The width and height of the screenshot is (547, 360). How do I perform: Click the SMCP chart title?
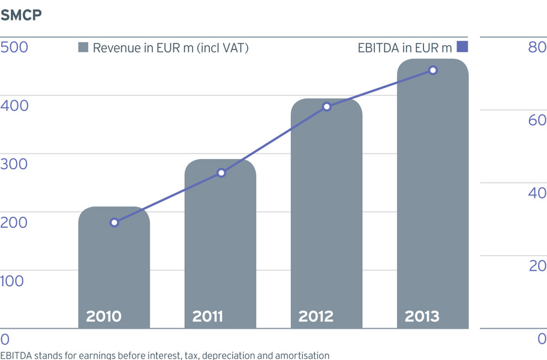21,15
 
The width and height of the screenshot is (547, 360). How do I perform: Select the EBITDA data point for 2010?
114,223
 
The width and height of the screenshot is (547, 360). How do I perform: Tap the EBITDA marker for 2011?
221,173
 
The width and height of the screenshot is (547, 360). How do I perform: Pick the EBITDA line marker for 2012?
327,107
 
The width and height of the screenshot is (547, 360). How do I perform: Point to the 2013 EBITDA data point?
433,70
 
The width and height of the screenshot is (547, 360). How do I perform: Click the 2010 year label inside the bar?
104,316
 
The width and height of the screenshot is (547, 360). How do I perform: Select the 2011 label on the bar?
208,316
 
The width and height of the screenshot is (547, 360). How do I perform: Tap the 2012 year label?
316,316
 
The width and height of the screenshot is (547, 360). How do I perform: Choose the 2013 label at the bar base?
422,316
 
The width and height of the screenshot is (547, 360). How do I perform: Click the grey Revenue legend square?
83,47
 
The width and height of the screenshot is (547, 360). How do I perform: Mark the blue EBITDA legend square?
462,46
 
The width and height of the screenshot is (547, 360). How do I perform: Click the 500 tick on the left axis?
14,47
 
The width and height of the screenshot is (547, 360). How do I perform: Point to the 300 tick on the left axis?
14,164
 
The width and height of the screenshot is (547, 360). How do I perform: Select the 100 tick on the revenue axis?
12,281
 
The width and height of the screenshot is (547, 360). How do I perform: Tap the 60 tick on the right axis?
537,120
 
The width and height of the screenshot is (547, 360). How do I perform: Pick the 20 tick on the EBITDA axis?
537,266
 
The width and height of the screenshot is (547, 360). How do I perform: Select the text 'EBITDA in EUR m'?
405,48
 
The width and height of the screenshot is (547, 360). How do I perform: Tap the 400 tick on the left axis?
14,106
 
